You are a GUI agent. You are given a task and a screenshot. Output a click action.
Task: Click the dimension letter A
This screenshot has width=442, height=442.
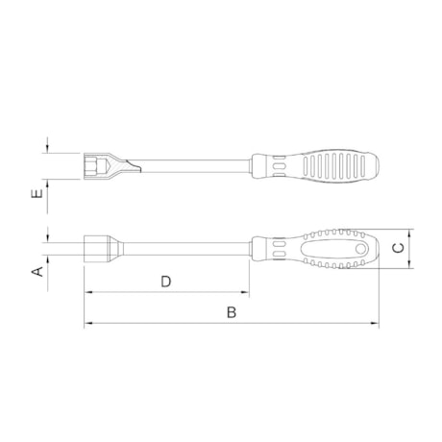38,272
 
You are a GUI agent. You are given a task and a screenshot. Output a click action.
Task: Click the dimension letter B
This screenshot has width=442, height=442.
232,312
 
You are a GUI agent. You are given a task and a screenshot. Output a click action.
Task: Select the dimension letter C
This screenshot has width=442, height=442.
398,248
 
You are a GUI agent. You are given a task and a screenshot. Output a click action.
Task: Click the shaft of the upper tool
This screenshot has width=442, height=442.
192,164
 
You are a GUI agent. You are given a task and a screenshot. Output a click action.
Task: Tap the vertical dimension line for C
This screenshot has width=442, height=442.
410,248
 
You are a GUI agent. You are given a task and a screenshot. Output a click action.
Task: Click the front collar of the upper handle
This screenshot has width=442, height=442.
260,164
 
